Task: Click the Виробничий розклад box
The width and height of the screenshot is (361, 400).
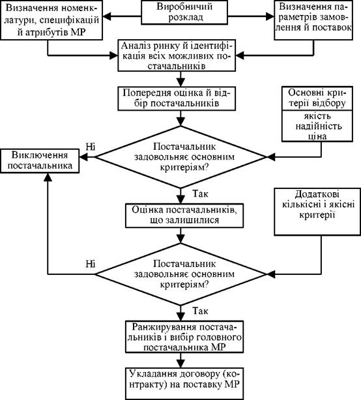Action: tap(184, 12)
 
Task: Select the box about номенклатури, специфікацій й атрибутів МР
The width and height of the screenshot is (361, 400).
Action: tap(51, 20)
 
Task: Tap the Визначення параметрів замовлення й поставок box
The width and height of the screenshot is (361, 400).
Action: tap(313, 20)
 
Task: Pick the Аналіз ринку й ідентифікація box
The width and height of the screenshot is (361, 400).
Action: tap(177, 55)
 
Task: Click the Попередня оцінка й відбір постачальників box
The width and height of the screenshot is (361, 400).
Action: tap(177, 98)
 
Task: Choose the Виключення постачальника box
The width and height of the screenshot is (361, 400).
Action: tap(40, 161)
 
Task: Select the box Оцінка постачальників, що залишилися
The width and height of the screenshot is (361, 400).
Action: tap(184, 216)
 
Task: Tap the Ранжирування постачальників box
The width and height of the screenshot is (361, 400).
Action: tap(184, 337)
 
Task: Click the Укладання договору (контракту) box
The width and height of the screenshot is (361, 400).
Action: tap(184, 384)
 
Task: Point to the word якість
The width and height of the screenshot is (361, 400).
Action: tap(317, 116)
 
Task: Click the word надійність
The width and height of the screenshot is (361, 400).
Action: tap(317, 126)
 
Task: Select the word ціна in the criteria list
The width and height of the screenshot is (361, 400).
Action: tap(317, 136)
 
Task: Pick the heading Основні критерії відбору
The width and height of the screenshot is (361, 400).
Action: tap(317, 98)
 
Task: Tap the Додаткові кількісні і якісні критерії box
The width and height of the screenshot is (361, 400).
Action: tap(317, 212)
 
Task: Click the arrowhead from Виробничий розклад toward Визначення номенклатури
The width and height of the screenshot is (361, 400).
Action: tap(107, 16)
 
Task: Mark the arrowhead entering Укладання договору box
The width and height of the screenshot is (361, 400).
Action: tap(180, 364)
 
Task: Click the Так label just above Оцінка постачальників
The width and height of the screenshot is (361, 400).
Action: tap(200, 194)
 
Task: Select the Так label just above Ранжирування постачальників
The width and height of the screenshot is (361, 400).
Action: tap(200, 311)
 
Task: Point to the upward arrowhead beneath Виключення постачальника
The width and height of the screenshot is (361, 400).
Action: tap(48, 177)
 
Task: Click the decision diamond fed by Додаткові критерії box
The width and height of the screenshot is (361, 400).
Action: tap(180, 274)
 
